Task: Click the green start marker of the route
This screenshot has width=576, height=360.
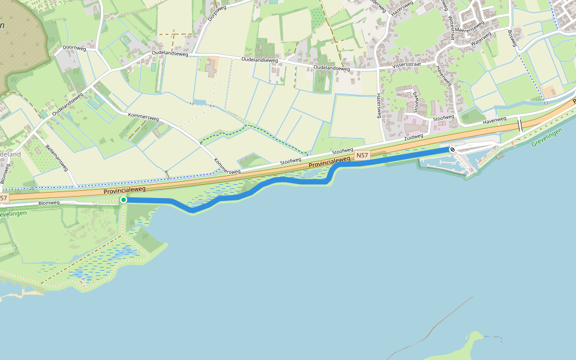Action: [x=124, y=200]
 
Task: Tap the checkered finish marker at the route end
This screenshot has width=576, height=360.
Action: [x=452, y=149]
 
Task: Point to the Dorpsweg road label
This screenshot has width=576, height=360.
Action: [x=213, y=13]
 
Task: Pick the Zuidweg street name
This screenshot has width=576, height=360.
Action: [x=413, y=137]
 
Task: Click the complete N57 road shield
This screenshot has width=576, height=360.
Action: [x=362, y=155]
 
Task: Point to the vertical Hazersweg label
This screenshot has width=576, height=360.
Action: [x=379, y=105]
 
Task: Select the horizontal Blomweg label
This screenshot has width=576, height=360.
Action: [x=49, y=203]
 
